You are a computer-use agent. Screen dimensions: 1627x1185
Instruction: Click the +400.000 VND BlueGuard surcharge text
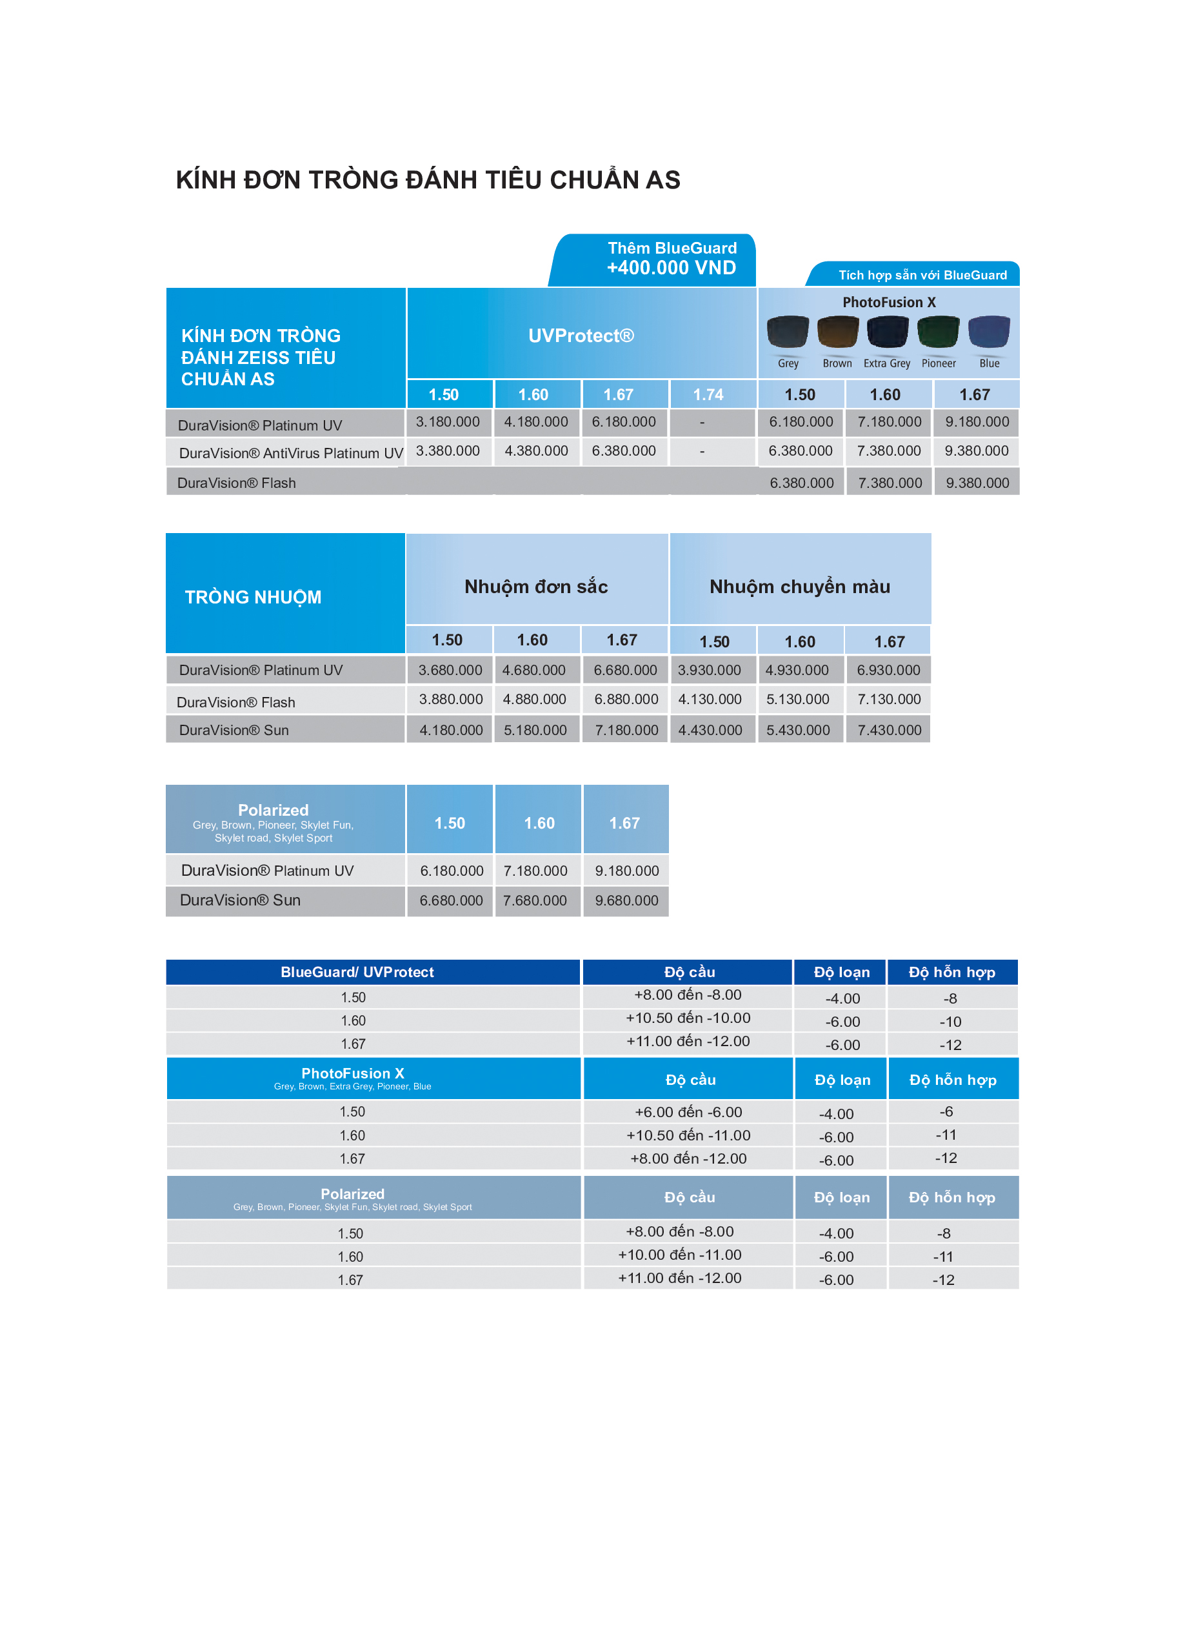point(672,268)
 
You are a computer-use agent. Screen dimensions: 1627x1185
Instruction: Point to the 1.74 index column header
point(708,395)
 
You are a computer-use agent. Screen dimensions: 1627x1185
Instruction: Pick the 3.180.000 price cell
point(448,422)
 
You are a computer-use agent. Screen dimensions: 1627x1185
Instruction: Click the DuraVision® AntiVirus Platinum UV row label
point(290,454)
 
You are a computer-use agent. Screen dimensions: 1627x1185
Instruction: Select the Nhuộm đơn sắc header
point(536,587)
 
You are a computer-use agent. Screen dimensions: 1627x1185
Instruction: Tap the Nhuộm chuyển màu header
point(800,587)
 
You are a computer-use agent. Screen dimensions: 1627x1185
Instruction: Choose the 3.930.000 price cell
point(710,671)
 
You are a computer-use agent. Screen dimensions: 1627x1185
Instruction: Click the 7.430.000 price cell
point(889,731)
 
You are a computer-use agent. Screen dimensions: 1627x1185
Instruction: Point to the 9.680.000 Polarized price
point(626,901)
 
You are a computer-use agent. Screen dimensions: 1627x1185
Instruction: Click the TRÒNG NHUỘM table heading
point(254,597)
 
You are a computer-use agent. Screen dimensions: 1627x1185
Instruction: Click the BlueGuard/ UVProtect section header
point(357,973)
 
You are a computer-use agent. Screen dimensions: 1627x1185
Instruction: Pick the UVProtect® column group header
point(581,336)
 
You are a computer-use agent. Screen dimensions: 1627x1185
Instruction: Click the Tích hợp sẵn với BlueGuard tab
point(922,276)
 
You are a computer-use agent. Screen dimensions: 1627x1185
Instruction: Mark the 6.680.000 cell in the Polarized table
point(451,901)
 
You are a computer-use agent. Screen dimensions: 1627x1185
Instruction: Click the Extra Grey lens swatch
point(888,332)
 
